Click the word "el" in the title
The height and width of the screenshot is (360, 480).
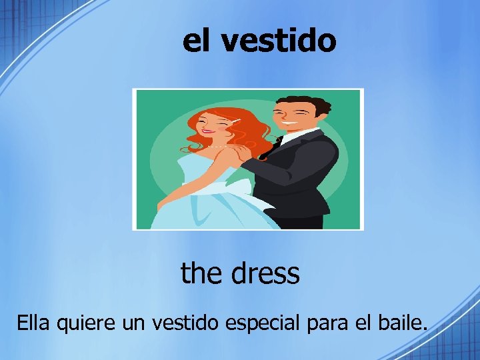[199, 41]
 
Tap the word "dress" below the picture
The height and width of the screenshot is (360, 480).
[265, 273]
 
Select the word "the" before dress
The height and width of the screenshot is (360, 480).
[202, 273]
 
